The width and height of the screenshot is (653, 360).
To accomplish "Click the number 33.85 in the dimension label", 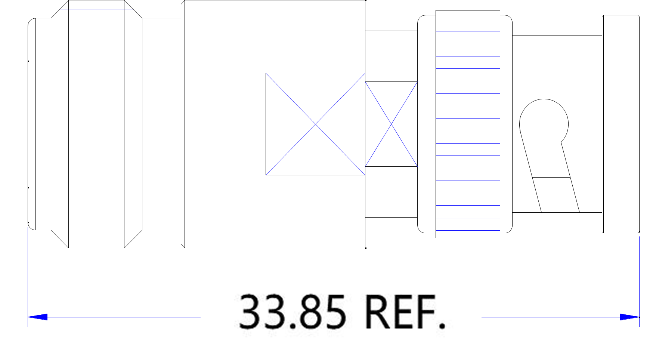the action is point(292,312).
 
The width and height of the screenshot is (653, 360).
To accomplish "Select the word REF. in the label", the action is point(405,312).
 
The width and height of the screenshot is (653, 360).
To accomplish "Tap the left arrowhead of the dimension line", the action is point(37,317).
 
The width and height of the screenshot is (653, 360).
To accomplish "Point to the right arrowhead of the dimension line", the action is point(629,317).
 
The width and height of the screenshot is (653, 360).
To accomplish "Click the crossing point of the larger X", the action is point(316,124).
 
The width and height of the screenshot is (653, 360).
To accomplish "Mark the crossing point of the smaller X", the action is point(391,124).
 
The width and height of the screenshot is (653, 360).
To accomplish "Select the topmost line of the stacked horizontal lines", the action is point(468,19).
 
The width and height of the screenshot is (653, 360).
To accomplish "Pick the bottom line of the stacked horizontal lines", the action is point(468,230).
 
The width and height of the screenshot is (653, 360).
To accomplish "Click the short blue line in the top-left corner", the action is point(96,9).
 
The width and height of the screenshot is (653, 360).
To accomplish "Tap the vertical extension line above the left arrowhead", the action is point(28,269).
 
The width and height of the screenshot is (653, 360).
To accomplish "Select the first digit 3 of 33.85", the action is point(250,312).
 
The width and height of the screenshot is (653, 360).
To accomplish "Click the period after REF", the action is point(442,327).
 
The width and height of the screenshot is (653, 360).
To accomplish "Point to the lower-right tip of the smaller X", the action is point(417,165).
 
